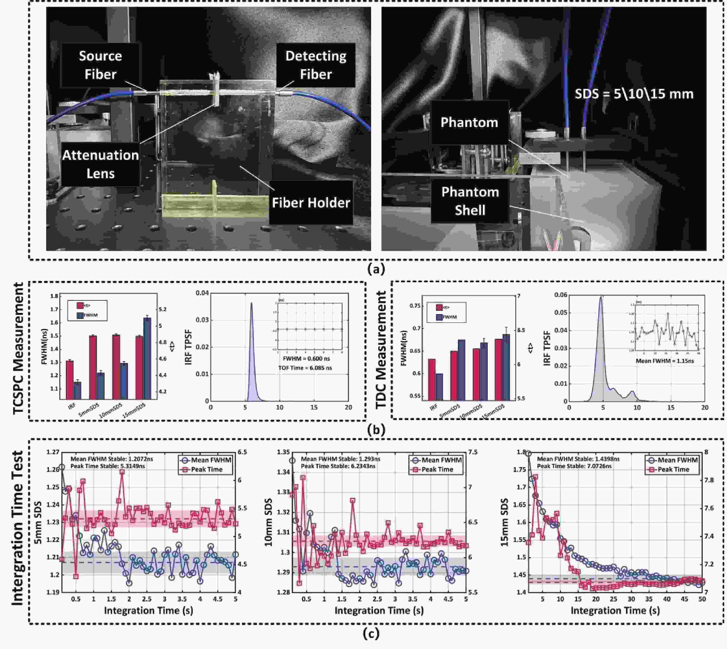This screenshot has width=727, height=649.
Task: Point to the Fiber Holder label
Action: tap(311, 203)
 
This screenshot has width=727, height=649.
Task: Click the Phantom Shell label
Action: tap(470, 201)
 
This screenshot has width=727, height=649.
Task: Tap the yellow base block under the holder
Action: tap(214, 206)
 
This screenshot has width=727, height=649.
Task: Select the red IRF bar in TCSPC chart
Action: tap(70, 379)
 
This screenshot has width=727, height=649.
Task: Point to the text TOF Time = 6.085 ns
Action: tap(305, 368)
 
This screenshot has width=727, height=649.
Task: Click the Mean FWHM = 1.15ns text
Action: tap(665, 361)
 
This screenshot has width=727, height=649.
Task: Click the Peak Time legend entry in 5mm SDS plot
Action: tap(206, 469)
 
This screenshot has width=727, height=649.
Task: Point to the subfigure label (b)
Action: tap(376, 430)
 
